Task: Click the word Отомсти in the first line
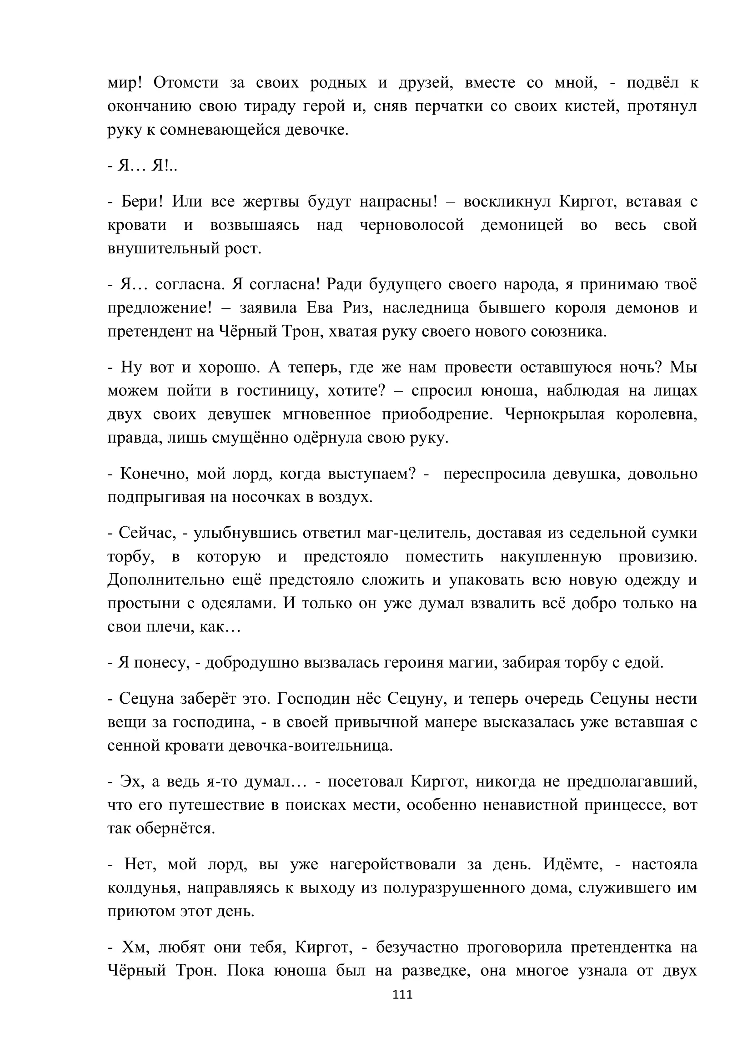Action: pos(185,82)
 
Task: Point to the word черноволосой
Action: pos(411,225)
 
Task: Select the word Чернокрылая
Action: pos(554,414)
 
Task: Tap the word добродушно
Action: pos(252,663)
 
